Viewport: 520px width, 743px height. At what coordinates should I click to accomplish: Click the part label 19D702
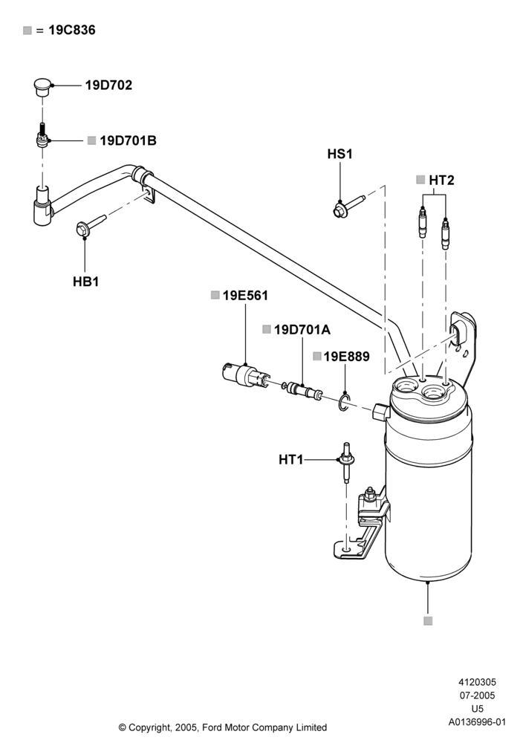[108, 85]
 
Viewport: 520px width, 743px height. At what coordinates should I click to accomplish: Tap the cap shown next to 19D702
[42, 88]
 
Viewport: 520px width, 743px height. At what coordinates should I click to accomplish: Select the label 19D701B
[128, 140]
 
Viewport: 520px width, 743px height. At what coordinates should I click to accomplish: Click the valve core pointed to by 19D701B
[42, 136]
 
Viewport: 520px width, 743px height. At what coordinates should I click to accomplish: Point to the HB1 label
[85, 282]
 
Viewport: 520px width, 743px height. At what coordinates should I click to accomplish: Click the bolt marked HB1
[91, 225]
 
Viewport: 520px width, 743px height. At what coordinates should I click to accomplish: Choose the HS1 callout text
[339, 154]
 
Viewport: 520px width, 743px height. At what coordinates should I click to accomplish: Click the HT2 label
[441, 180]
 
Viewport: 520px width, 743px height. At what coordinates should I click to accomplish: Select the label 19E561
[245, 295]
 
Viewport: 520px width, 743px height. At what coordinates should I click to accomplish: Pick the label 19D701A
[302, 329]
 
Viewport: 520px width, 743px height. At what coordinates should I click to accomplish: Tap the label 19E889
[347, 357]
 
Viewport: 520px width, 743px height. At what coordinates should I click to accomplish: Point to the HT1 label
[290, 460]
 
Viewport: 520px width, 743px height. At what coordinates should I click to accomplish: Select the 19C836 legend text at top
[72, 30]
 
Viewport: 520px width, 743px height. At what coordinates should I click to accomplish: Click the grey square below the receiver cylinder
[428, 620]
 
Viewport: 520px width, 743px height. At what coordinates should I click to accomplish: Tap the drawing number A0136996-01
[478, 722]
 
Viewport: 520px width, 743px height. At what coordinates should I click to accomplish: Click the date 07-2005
[478, 695]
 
